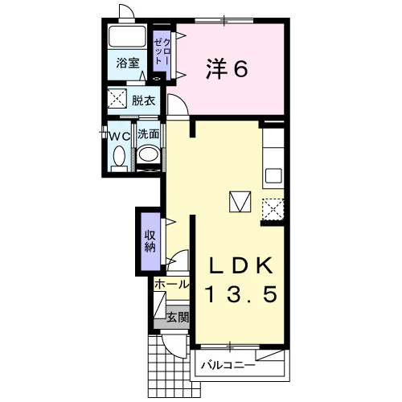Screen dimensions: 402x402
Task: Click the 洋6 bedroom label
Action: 227,69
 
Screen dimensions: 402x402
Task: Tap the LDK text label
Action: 241,265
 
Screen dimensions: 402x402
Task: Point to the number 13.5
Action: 241,294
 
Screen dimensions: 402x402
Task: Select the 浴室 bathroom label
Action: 128,63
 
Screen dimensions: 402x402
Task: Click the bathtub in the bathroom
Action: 127,36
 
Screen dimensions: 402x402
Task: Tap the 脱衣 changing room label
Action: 143,100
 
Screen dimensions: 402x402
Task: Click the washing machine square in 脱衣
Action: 117,98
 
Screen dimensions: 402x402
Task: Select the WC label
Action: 120,137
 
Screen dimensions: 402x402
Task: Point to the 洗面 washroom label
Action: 148,134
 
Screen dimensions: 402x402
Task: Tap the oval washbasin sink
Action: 148,154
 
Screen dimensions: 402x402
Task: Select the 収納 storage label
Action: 150,241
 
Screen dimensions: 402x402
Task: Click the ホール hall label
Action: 172,285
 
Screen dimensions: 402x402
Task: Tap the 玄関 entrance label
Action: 178,318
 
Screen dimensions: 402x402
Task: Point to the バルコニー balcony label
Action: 228,365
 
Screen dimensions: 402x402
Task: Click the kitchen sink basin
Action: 273,176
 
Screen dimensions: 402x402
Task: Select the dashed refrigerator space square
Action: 273,210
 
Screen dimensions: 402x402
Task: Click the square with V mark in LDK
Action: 240,202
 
